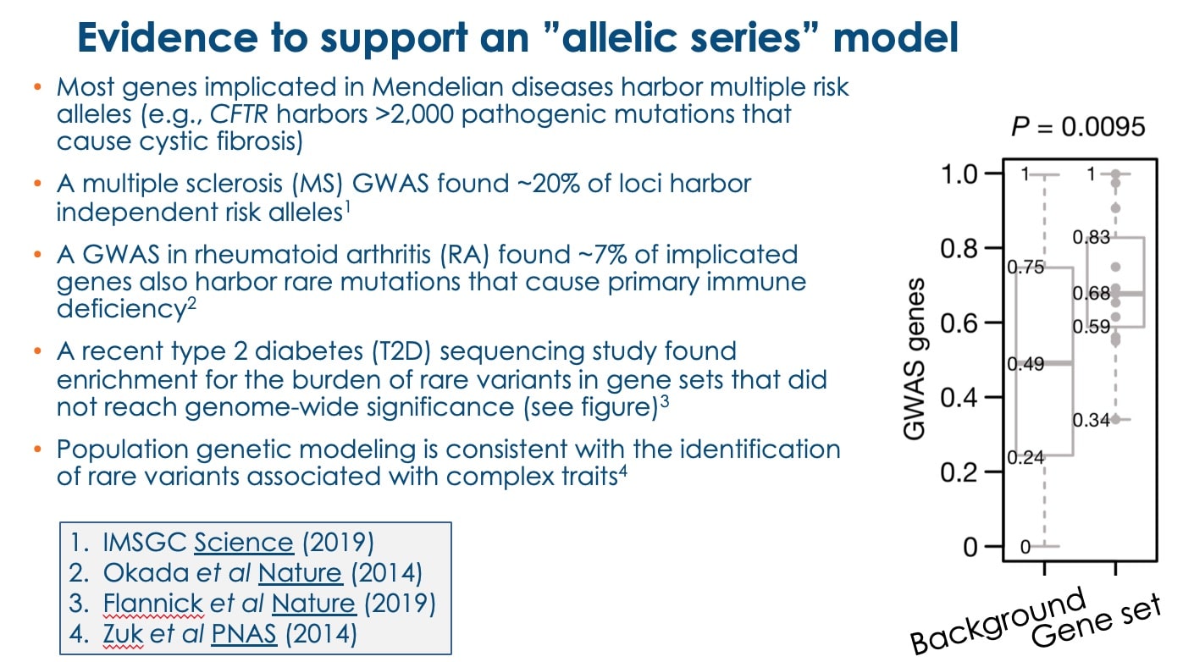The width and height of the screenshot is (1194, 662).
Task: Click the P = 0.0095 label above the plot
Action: point(1078,127)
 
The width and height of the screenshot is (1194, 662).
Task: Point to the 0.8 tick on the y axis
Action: point(993,248)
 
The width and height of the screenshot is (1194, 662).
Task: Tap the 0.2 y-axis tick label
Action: point(959,472)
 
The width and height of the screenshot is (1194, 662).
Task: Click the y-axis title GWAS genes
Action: point(915,359)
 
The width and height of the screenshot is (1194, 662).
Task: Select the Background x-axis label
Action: point(998,621)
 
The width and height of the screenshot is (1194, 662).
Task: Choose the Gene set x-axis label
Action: point(1096,621)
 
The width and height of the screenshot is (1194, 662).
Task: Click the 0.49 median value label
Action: point(1025,364)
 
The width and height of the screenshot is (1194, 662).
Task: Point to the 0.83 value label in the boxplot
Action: point(1091,237)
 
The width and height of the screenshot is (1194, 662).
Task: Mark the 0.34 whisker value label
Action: point(1091,420)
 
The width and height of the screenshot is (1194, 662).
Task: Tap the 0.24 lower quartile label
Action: point(1025,457)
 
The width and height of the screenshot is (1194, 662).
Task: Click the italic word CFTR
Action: point(238,114)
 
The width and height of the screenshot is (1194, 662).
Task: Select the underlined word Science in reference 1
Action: point(244,543)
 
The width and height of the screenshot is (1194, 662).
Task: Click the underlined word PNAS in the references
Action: point(244,634)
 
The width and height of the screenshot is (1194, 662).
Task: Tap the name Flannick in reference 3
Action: point(153,604)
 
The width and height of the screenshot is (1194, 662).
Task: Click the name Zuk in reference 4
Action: point(123,634)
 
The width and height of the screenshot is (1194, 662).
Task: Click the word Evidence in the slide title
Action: point(168,37)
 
